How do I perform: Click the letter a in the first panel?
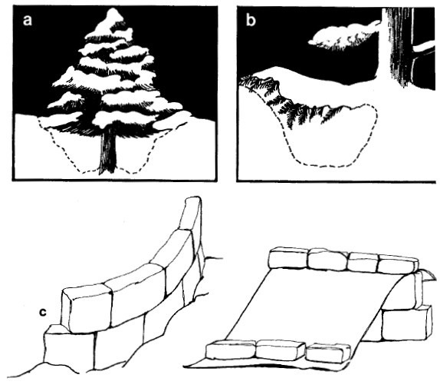pyautogui.click(x=28, y=20)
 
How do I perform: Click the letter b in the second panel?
pyautogui.click(x=251, y=20)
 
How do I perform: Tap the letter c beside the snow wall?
pyautogui.click(x=42, y=312)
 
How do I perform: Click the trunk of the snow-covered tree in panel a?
pyautogui.click(x=108, y=151)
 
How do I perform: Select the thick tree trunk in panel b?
pyautogui.click(x=399, y=46)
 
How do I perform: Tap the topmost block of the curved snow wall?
pyautogui.click(x=191, y=213)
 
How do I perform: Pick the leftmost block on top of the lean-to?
pyautogui.click(x=288, y=258)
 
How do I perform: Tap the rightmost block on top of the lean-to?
pyautogui.click(x=398, y=264)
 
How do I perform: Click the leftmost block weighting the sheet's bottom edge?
pyautogui.click(x=231, y=350)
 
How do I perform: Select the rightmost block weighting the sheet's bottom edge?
pyautogui.click(x=328, y=353)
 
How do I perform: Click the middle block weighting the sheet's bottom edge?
pyautogui.click(x=281, y=350)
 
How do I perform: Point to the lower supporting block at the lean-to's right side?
pyautogui.click(x=406, y=323)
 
